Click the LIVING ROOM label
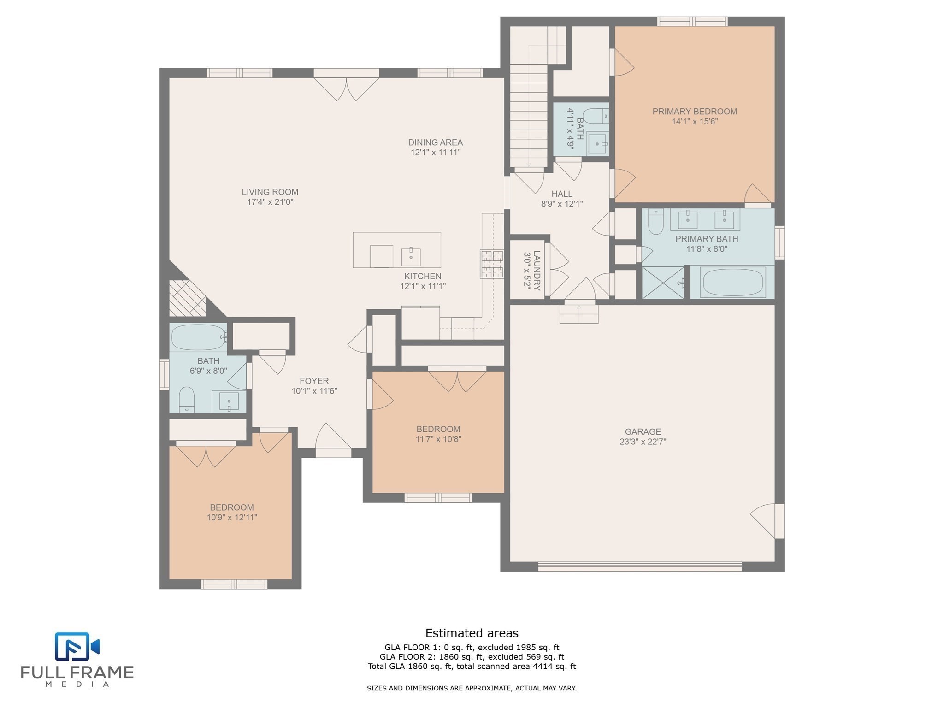(x=270, y=192)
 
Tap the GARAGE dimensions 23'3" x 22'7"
(x=643, y=442)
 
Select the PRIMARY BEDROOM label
(x=695, y=111)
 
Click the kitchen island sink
(x=411, y=257)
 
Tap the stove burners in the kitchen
(x=492, y=264)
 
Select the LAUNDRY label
(x=537, y=270)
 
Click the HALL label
(x=562, y=194)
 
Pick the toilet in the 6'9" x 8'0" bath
(x=187, y=399)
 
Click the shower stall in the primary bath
(x=663, y=282)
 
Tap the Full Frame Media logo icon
(x=77, y=646)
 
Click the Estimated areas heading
(x=472, y=633)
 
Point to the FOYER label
(x=314, y=381)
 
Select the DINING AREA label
(x=436, y=142)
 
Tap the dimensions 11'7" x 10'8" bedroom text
(x=438, y=439)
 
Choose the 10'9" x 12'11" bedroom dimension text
(x=232, y=518)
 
